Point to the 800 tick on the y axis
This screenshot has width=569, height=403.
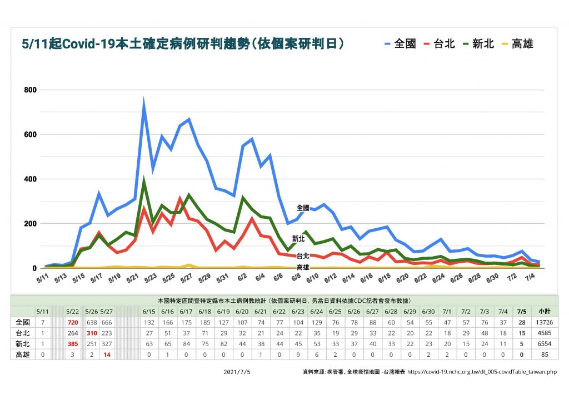[29, 90]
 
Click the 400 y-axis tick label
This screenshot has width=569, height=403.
[29, 179]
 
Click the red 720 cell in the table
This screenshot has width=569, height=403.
[73, 322]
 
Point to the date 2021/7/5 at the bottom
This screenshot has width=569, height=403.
[236, 371]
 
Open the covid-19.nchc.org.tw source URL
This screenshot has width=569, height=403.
[482, 371]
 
